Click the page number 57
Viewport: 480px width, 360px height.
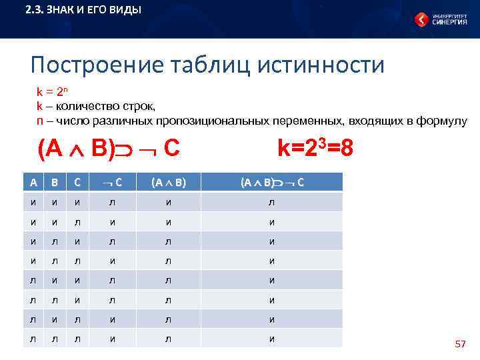click(x=459, y=344)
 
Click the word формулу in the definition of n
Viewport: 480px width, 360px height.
click(x=442, y=120)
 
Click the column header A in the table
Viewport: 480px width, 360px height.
click(x=33, y=183)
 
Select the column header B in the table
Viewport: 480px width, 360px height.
click(x=55, y=183)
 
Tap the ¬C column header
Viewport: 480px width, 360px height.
click(x=111, y=183)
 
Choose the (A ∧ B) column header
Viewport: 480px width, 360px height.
click(x=168, y=183)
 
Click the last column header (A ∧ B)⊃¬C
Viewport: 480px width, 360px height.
click(x=271, y=183)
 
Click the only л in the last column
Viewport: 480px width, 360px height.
click(x=271, y=203)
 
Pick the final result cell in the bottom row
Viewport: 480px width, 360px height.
click(x=271, y=339)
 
